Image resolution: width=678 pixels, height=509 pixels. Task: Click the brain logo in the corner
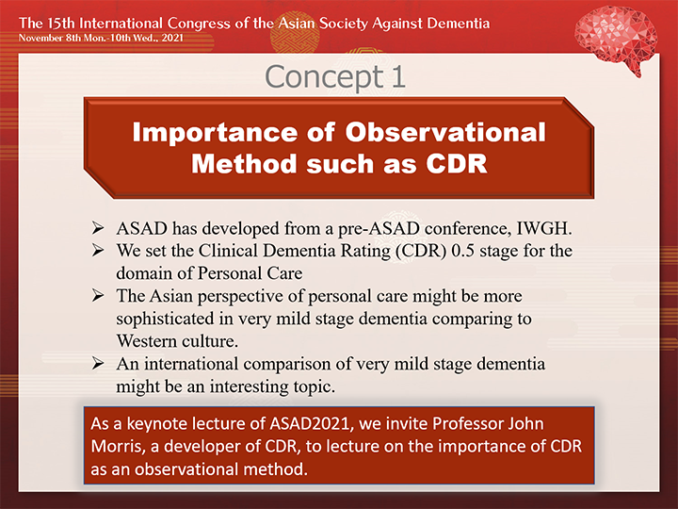tap(616, 39)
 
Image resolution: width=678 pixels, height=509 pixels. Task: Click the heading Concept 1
tap(335, 76)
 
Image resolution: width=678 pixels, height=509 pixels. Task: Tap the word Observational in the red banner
tap(445, 132)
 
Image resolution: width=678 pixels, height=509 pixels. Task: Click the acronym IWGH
tap(544, 228)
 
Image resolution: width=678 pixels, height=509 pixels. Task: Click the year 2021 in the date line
tap(172, 38)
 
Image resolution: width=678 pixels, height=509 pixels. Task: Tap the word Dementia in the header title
tap(459, 23)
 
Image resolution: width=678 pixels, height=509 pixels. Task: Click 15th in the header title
tap(62, 23)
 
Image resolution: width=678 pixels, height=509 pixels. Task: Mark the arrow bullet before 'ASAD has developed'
tap(98, 228)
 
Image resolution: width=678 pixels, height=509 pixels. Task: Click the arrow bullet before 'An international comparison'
tap(98, 363)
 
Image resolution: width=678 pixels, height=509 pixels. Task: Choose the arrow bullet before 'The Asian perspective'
tap(98, 295)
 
